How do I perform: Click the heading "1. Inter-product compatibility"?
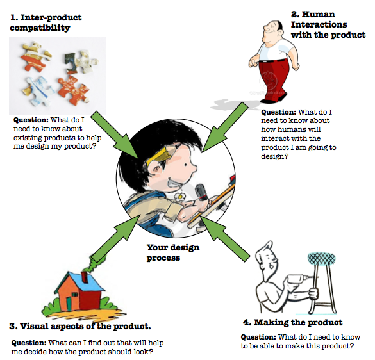[x=48, y=22]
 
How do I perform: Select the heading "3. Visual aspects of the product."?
[x=80, y=325]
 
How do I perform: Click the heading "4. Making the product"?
[x=301, y=322]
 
